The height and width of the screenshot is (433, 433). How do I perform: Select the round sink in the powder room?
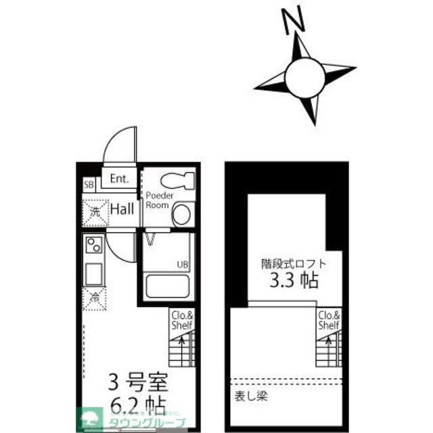click(x=181, y=216)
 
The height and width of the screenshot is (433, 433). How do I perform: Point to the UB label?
click(x=183, y=264)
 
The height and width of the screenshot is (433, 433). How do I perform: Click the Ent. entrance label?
click(x=119, y=179)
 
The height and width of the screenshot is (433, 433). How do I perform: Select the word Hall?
click(x=122, y=210)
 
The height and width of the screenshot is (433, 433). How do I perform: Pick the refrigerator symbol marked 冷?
click(x=94, y=296)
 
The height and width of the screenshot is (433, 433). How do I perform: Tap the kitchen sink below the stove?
click(x=93, y=273)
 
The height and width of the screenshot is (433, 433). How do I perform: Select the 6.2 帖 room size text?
click(x=137, y=406)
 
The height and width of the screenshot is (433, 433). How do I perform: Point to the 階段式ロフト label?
click(x=294, y=263)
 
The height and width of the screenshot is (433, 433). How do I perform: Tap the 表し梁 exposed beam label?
click(x=251, y=395)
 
